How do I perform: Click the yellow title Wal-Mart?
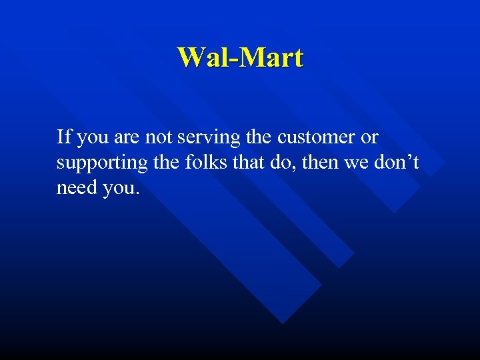click(x=240, y=57)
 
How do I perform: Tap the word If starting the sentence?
click(x=64, y=137)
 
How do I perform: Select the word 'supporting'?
click(x=102, y=164)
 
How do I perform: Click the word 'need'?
click(x=77, y=188)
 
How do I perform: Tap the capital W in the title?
click(x=191, y=57)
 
